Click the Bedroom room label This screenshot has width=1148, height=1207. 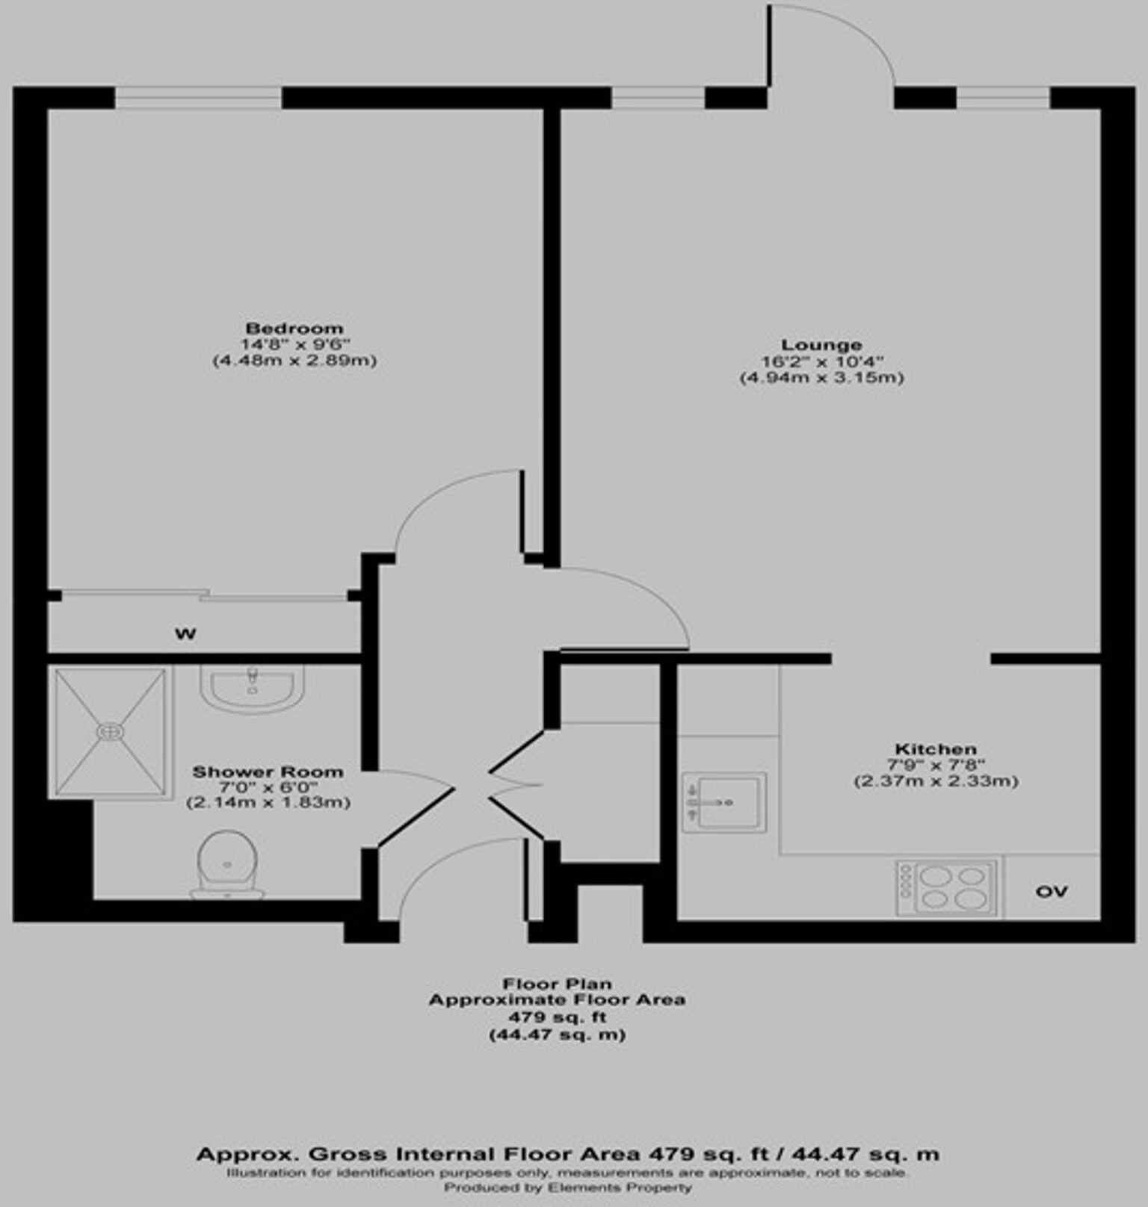(x=294, y=328)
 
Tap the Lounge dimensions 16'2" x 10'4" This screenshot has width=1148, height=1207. (x=821, y=362)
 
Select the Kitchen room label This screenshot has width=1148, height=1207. (x=936, y=748)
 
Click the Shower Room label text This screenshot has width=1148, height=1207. (x=268, y=772)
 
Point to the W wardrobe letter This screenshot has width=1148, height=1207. (x=185, y=634)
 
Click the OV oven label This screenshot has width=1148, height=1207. (x=1051, y=891)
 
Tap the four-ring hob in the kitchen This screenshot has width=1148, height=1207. (x=947, y=887)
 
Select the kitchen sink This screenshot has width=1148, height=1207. (x=723, y=802)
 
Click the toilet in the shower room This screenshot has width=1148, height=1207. (x=227, y=865)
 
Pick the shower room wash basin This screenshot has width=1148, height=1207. (x=252, y=686)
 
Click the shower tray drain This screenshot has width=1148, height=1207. (x=110, y=732)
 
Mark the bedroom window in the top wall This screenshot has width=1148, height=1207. (x=198, y=98)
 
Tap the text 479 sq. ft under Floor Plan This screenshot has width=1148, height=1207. (x=557, y=1017)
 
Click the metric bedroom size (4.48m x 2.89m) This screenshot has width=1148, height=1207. (x=294, y=361)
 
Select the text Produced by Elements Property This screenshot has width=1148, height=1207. (x=568, y=1187)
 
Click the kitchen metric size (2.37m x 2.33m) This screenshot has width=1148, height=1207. (x=936, y=781)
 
